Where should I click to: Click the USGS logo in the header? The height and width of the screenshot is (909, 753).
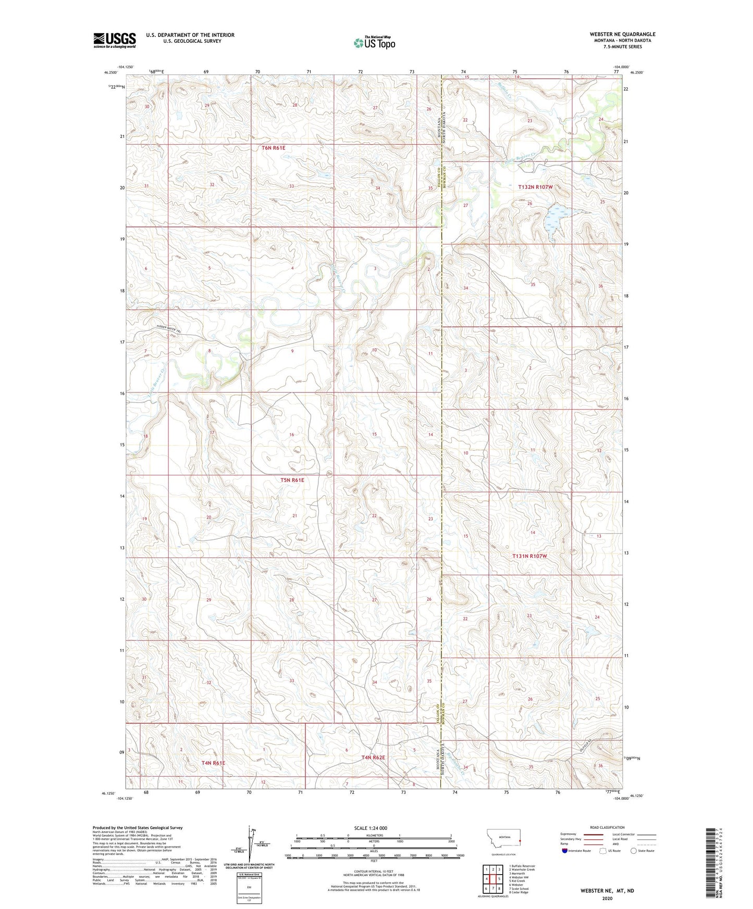(115, 40)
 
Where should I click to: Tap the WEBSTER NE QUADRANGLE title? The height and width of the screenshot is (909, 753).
(622, 34)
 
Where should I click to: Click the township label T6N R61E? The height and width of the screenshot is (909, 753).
(274, 148)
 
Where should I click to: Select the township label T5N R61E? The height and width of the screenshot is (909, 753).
(292, 480)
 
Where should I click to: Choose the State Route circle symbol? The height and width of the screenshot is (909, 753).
(634, 851)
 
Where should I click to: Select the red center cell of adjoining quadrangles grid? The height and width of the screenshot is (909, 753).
(492, 879)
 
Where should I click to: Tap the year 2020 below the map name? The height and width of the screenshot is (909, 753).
(607, 899)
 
